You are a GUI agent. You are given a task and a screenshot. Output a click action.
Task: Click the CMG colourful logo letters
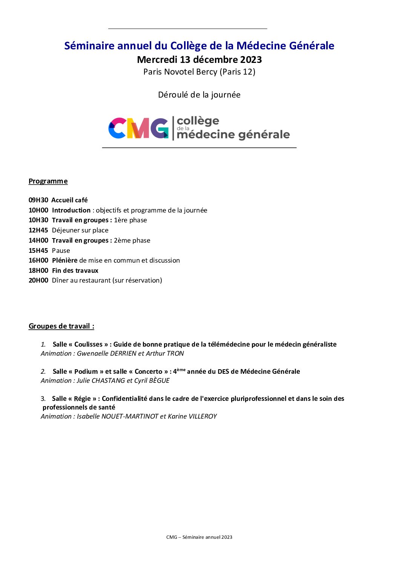[x=138, y=128]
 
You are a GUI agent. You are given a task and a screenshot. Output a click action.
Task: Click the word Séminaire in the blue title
[x=89, y=46]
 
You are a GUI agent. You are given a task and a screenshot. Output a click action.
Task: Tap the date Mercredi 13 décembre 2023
[x=199, y=60]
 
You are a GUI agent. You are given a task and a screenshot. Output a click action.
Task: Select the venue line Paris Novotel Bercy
[x=199, y=72]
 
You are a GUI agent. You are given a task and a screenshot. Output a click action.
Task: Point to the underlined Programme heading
[x=48, y=181]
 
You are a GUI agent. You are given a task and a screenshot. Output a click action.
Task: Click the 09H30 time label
[x=38, y=200]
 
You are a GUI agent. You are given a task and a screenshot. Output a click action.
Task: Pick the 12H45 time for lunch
[x=38, y=230]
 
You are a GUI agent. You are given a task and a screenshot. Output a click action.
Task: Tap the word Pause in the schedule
[x=61, y=251]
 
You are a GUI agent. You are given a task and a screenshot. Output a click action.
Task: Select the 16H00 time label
[x=38, y=260]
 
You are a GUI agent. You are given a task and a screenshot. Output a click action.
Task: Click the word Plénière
[x=64, y=260]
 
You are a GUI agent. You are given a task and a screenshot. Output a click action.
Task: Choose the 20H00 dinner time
[x=38, y=280]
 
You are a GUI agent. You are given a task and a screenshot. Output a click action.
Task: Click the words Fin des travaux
[x=75, y=271]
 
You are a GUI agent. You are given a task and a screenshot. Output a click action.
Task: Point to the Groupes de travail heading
[x=61, y=326]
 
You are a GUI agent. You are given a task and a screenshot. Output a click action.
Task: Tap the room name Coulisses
[x=88, y=344]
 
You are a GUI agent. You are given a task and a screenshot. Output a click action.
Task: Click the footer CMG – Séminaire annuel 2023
[x=199, y=537]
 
